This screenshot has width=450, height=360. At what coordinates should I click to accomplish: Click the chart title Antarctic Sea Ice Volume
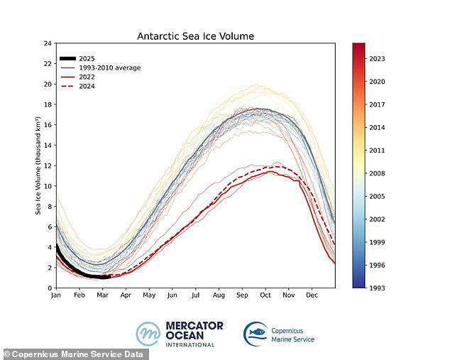(195, 36)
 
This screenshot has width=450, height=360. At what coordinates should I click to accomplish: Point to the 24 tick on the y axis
(47, 43)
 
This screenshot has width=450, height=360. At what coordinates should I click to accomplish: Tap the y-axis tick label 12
(47, 165)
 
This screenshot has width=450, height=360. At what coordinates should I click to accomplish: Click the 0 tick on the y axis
(49, 288)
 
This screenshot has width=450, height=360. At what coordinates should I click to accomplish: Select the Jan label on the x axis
(55, 295)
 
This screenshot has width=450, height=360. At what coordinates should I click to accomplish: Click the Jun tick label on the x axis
(172, 295)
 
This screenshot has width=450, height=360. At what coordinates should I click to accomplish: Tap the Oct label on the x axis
(265, 295)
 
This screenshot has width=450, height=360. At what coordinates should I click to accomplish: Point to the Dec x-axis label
(312, 295)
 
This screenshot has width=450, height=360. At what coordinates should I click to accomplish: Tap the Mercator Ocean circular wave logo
(148, 334)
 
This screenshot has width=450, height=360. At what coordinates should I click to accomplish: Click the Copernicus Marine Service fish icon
(256, 333)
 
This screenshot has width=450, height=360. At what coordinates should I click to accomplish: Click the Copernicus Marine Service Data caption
(75, 354)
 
